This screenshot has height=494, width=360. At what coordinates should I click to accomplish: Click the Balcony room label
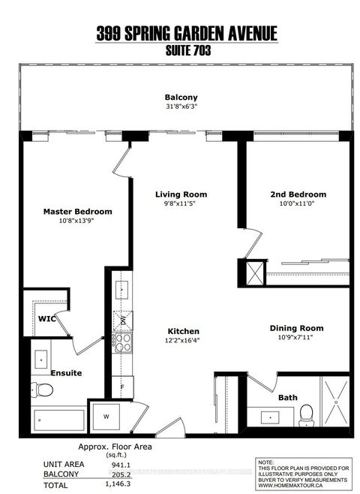(x=180, y=97)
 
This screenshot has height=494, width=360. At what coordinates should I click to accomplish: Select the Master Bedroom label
(x=77, y=211)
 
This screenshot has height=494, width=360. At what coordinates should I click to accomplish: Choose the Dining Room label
(x=298, y=328)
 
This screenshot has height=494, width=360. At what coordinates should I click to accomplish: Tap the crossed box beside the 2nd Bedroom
(x=248, y=270)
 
